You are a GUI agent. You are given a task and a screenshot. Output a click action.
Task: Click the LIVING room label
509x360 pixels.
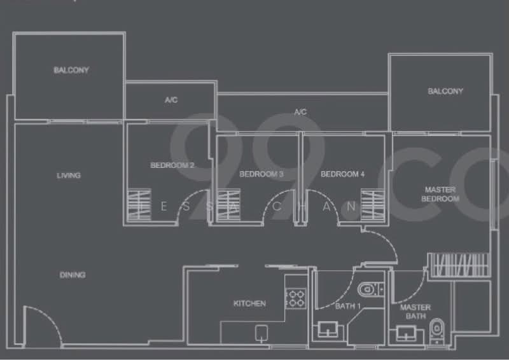click(69, 175)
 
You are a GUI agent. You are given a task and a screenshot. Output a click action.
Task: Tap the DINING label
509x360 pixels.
click(73, 275)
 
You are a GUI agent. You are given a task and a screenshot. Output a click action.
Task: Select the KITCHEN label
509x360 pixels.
click(249, 303)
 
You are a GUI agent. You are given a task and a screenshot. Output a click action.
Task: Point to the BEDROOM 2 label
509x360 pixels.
click(172, 165)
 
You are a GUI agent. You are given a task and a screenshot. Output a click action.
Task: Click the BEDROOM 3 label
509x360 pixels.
click(261, 174)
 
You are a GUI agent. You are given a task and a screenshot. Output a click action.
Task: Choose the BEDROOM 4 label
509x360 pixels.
click(343, 174)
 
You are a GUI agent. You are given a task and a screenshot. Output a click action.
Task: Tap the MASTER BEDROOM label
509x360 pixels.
click(442, 194)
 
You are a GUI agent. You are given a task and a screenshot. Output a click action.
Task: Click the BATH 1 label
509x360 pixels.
click(348, 307)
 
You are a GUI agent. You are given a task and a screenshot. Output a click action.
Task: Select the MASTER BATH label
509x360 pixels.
click(415, 312)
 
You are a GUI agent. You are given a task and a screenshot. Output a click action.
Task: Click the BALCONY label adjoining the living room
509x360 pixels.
click(71, 70)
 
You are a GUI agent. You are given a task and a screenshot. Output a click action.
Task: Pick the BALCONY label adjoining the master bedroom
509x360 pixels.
click(445, 91)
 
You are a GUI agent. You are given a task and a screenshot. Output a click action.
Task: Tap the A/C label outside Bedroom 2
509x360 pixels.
click(171, 100)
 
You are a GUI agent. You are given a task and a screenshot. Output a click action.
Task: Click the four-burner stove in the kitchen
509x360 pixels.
click(295, 298)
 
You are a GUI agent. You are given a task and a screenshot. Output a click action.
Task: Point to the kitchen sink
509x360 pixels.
click(261, 332)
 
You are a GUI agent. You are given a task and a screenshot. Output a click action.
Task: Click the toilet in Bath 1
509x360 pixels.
click(368, 291)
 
